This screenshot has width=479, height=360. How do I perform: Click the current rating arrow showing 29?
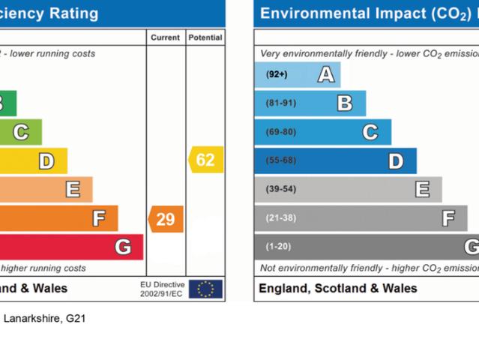[x=166, y=219]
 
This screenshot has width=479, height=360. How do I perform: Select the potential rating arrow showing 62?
[x=205, y=160]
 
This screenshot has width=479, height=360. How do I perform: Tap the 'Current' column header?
[x=165, y=37]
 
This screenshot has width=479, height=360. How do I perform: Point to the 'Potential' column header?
[x=205, y=37]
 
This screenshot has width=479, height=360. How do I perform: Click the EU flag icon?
[x=205, y=289]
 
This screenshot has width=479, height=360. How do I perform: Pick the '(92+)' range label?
[x=277, y=74]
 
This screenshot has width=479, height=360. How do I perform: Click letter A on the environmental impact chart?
[x=325, y=74]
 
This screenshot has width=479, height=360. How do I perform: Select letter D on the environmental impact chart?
[x=395, y=160]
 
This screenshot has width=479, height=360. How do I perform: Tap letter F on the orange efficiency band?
[x=98, y=218]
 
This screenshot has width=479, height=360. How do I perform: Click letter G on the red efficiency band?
[x=123, y=247]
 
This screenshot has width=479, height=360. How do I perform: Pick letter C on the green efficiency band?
[x=21, y=133]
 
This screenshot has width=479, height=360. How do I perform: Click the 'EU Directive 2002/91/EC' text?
[x=161, y=289]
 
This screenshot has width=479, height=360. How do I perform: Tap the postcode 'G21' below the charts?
[x=76, y=319]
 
